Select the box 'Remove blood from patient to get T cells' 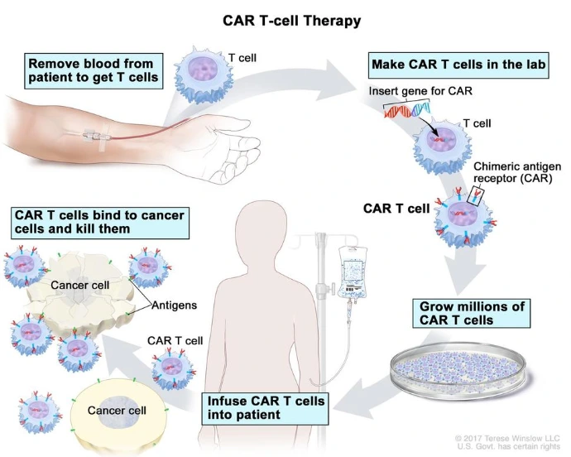[92, 71]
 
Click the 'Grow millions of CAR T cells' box [471, 313]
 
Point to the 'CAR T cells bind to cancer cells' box [98, 221]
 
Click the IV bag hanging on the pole [349, 268]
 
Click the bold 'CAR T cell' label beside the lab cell [396, 209]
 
